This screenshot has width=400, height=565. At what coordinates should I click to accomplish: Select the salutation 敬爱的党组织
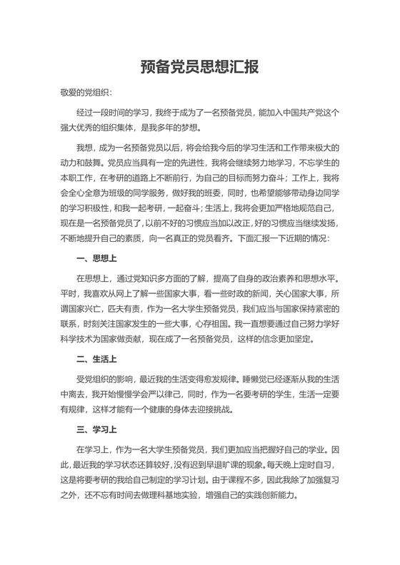[85, 93]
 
